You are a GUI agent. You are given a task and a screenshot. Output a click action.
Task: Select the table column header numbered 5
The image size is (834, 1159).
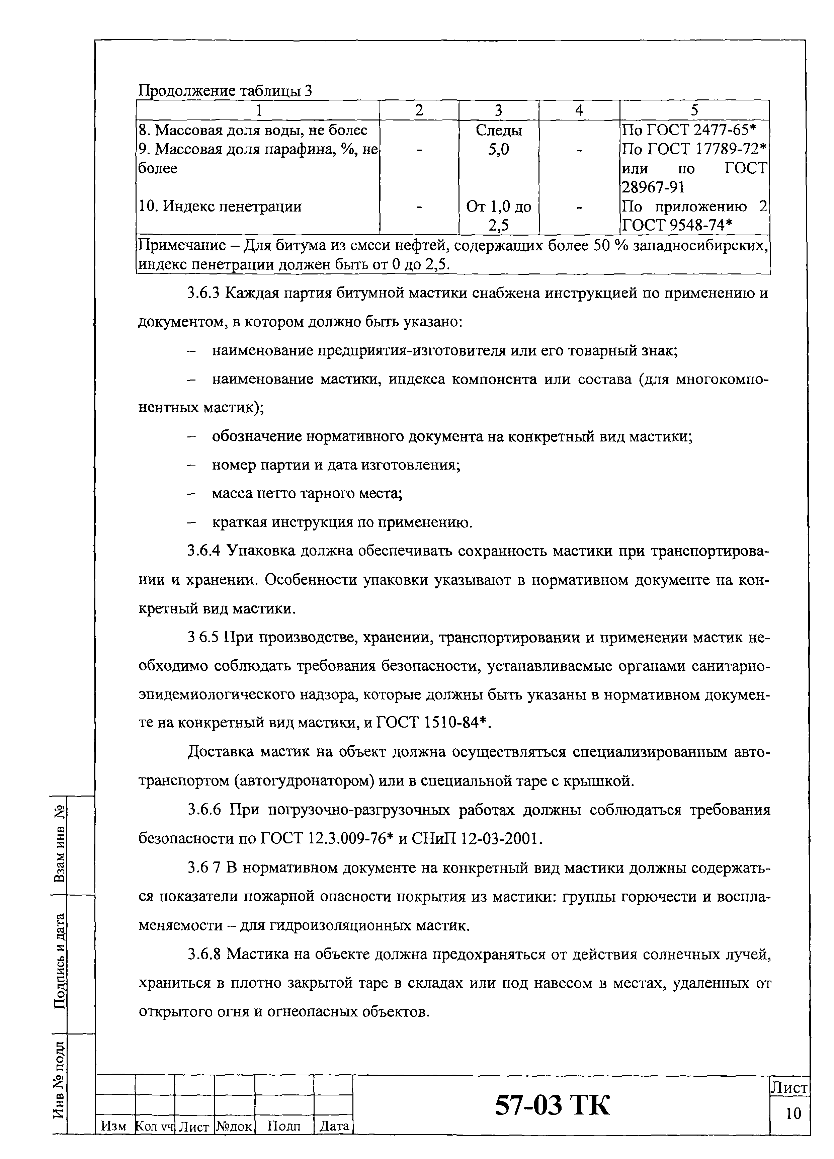point(694,110)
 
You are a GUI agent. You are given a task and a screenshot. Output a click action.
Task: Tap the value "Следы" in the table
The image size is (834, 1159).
point(498,130)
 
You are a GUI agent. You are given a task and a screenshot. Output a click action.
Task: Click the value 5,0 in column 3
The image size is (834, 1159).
point(498,150)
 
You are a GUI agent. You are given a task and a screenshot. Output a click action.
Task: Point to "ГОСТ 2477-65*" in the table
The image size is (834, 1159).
point(702,130)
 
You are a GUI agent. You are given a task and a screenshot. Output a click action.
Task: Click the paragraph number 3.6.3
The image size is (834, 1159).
point(204,293)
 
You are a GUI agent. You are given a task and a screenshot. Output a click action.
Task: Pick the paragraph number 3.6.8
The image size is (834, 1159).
point(204,954)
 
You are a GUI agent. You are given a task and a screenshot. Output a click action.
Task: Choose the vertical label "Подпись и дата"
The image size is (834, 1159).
point(60,961)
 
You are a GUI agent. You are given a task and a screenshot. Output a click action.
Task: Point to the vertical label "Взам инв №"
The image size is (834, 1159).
point(60,843)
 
